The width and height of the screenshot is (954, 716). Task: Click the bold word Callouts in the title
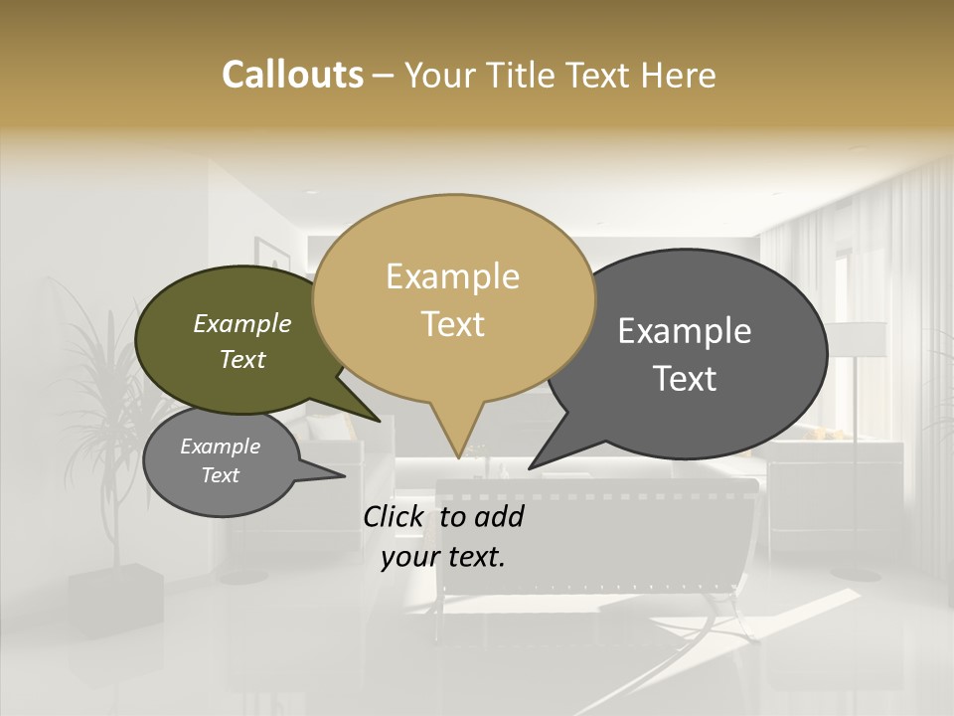click(292, 75)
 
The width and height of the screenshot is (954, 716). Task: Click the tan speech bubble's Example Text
click(452, 300)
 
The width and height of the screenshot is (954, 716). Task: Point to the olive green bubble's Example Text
click(242, 341)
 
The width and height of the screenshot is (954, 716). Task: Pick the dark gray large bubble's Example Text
click(685, 354)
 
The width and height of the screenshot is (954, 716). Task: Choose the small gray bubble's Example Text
click(220, 460)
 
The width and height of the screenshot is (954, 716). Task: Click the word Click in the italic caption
click(393, 516)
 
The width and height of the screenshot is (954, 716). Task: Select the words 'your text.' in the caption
click(443, 557)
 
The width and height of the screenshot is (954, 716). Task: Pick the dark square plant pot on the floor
click(115, 600)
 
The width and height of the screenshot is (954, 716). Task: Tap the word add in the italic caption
click(499, 516)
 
